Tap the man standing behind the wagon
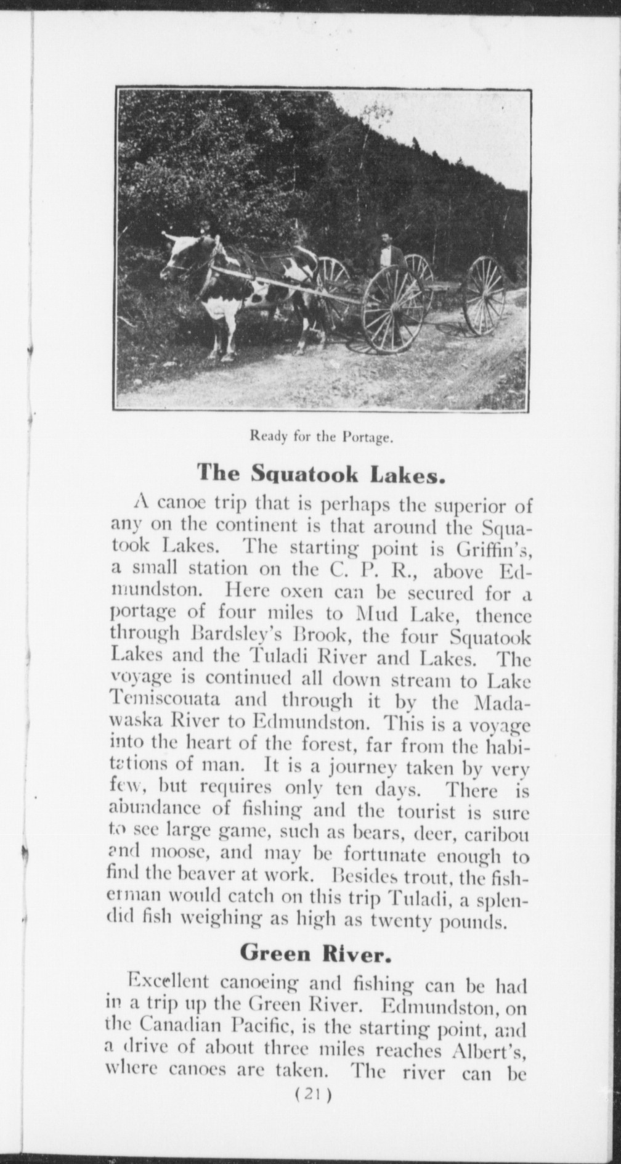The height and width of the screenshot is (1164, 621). coord(386,253)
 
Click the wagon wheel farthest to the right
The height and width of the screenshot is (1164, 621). coord(484,295)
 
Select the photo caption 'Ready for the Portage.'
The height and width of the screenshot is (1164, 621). coord(320,438)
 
